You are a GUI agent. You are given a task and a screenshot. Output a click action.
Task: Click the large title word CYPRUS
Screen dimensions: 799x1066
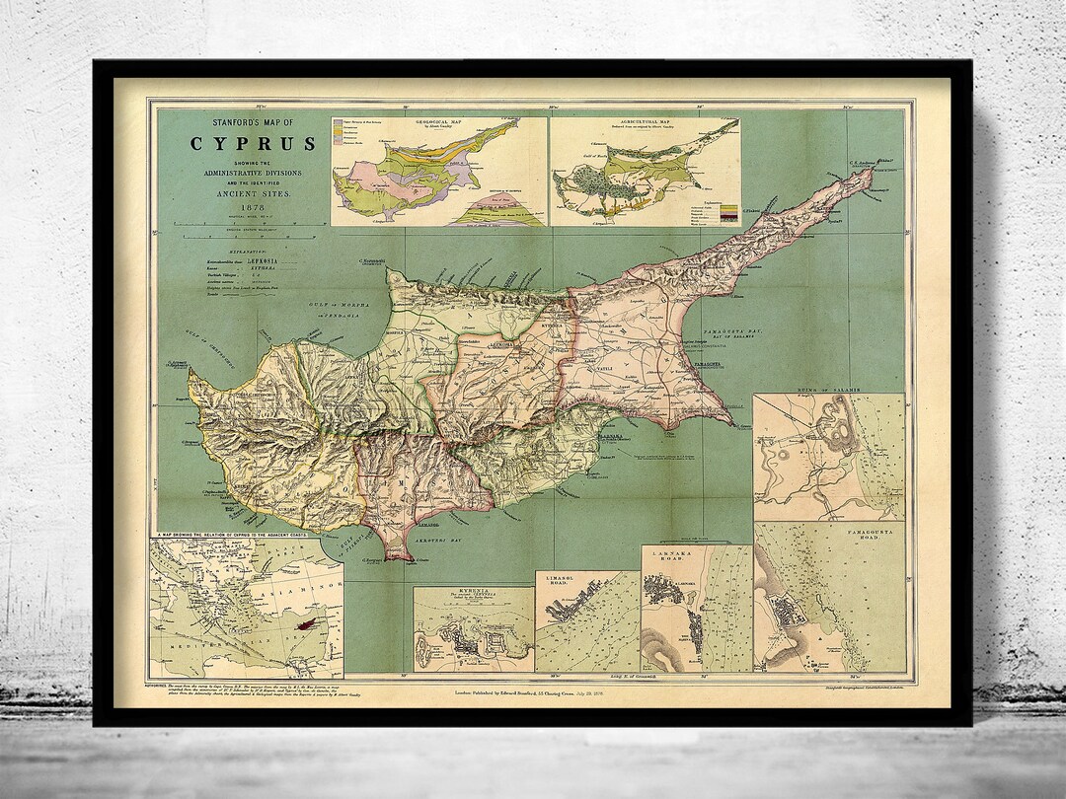tap(254, 144)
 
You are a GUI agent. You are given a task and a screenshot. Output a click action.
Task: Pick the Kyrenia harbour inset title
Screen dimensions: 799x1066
tap(474, 596)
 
